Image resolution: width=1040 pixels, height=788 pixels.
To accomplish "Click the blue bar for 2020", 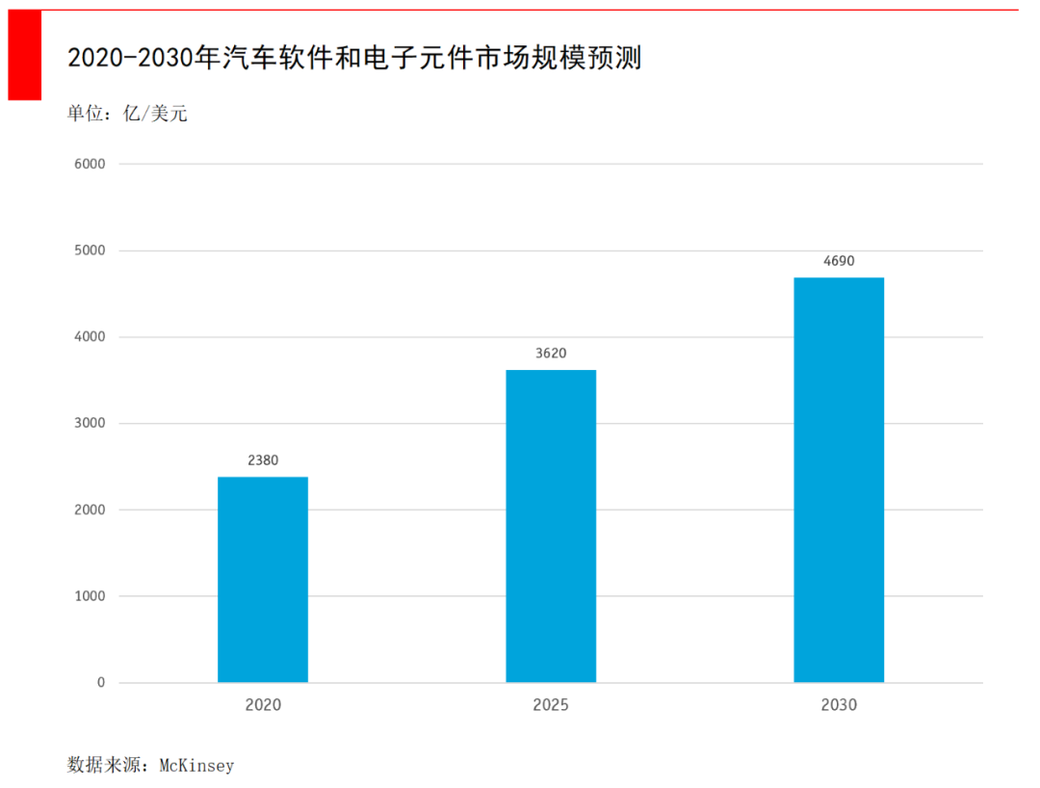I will click(263, 579).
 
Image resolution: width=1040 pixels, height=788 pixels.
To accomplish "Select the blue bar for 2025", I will click(551, 526).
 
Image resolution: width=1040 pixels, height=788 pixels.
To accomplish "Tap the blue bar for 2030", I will click(839, 480).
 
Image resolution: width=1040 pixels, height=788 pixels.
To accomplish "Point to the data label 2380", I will click(263, 460).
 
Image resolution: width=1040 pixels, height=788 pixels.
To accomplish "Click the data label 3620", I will click(551, 354).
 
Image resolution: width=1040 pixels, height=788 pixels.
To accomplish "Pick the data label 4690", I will click(839, 261).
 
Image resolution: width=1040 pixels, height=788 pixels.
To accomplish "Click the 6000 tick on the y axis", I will click(89, 164).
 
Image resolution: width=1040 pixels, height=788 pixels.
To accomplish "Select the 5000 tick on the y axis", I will click(89, 250).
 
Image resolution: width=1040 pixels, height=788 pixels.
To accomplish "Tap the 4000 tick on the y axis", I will click(89, 337).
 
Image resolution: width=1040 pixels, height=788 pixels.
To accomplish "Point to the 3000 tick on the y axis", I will click(89, 423).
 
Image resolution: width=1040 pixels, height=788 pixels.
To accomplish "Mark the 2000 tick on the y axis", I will click(89, 510).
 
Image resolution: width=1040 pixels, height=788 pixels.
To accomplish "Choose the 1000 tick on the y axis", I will click(89, 596).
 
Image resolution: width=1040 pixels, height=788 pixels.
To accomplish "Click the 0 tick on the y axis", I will click(100, 683).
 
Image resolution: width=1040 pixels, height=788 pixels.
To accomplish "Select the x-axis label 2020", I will click(263, 705).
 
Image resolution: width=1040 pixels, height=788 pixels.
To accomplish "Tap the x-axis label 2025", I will click(551, 705).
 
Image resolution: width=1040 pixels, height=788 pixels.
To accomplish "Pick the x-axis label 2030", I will click(839, 705).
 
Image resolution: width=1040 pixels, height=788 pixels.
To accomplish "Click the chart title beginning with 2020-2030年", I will click(354, 59).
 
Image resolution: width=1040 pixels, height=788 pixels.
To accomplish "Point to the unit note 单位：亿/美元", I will click(127, 114).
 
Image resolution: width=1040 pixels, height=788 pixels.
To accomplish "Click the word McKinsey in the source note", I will click(196, 766).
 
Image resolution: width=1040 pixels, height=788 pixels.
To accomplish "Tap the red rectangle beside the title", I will click(25, 55).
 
